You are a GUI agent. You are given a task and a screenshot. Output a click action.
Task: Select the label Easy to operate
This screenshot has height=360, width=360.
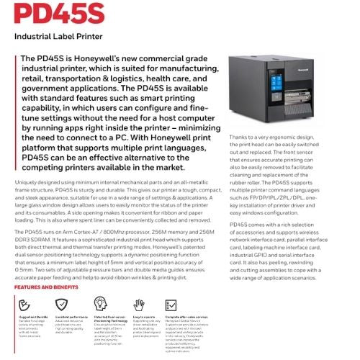tap(140, 315)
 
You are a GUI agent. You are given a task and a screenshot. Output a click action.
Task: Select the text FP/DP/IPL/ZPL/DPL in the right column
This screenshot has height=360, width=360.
tap(273, 195)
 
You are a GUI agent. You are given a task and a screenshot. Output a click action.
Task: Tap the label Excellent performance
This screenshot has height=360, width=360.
tap(71, 315)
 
